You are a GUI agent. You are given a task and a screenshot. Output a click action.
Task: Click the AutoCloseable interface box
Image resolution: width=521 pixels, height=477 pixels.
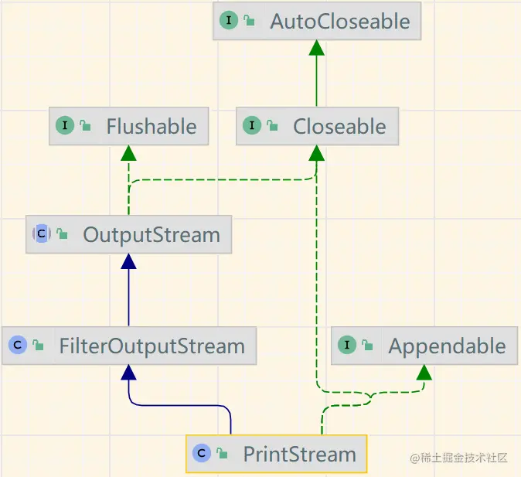pos(317,21)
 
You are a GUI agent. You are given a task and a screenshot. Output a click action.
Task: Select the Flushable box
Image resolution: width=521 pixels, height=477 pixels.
pos(128,126)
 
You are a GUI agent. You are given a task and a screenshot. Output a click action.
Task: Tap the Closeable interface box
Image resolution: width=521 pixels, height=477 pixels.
pos(317,126)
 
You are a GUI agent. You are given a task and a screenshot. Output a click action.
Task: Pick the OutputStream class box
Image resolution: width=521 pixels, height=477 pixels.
pos(128,234)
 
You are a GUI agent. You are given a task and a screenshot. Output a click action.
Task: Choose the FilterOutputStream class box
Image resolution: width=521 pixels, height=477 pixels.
pos(129,346)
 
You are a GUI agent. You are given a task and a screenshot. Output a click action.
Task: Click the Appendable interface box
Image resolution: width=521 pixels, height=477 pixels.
pos(424,346)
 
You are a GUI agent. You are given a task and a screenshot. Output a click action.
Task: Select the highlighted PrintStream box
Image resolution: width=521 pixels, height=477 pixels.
pos(276,454)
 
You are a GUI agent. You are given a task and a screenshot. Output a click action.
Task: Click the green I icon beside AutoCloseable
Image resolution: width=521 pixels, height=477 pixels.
pos(229,21)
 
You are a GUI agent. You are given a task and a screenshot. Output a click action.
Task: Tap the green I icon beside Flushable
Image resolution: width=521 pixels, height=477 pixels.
pos(65,126)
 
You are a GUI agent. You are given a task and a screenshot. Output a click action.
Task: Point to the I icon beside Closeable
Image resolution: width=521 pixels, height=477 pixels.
pos(252,126)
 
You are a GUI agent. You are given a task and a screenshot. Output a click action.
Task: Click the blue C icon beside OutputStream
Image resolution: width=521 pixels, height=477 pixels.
pos(41,234)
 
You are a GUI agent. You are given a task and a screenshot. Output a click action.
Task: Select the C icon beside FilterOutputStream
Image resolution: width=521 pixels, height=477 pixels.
pos(18,346)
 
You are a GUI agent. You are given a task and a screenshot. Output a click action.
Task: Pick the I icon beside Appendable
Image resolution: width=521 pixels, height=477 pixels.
pos(347,346)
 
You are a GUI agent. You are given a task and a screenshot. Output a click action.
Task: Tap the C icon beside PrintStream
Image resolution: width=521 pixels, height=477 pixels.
pos(202,454)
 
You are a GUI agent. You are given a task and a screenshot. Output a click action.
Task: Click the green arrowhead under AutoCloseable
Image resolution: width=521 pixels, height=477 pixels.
pos(316,48)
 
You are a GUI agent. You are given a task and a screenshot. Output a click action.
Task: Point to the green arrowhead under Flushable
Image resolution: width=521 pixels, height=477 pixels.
pos(128,153)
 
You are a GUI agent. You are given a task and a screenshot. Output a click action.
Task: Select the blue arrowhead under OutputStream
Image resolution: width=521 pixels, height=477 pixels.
pos(128,261)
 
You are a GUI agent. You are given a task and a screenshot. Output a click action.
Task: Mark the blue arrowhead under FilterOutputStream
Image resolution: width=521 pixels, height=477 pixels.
pos(128,373)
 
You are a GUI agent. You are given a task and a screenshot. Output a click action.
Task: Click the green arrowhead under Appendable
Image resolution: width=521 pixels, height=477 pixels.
pos(423,373)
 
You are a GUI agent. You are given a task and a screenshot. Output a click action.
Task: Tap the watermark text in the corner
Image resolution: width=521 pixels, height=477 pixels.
pos(459,458)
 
